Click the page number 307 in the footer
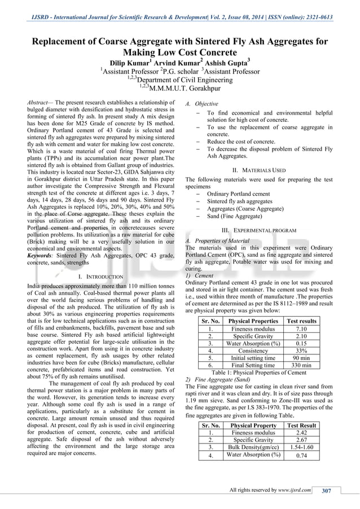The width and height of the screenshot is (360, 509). point(326,490)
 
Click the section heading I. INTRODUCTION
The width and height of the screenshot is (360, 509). point(101,277)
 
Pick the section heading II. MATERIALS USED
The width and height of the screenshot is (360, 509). point(260,170)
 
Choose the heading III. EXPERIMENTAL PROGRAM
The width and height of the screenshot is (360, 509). point(260,231)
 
